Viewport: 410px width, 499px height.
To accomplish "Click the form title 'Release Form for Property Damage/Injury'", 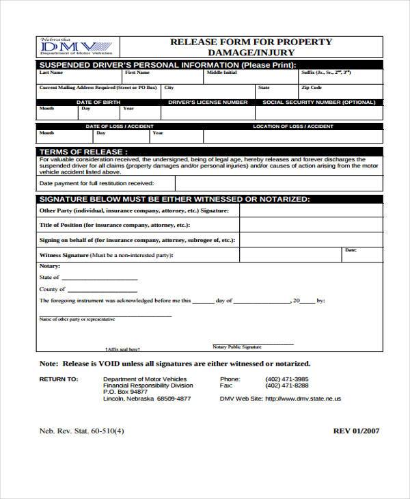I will (251, 47).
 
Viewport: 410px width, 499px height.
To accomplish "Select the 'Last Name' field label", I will (51, 72).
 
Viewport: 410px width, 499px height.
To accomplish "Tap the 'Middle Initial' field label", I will (222, 72).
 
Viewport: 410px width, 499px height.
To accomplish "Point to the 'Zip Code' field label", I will (312, 87).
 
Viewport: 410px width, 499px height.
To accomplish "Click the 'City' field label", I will (169, 87).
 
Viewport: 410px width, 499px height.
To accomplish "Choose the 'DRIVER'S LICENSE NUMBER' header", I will (208, 102).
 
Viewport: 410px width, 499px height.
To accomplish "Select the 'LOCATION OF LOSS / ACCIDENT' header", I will (293, 126).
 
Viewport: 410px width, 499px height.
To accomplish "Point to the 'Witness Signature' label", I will (64, 255).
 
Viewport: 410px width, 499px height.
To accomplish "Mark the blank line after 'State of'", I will (100, 279).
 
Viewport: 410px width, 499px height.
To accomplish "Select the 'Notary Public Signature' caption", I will (237, 347).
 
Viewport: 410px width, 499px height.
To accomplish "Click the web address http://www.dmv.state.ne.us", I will (302, 399).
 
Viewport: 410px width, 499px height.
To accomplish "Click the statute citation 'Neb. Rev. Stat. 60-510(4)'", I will (81, 431).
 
